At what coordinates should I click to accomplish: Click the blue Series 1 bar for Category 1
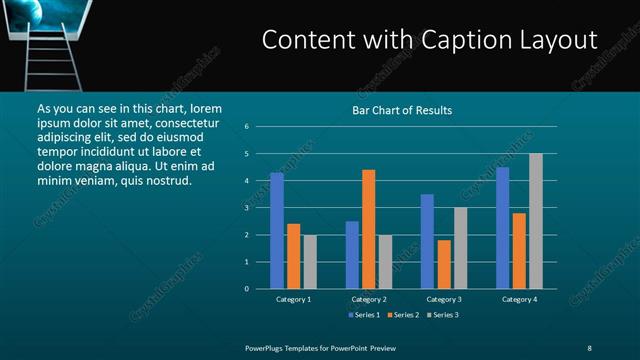tap(277, 231)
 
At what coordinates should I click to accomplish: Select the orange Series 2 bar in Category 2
tap(368, 229)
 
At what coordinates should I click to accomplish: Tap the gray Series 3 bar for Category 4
tap(535, 221)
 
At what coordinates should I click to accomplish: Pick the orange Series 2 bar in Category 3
tap(444, 264)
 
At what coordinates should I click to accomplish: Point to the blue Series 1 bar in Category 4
tap(502, 228)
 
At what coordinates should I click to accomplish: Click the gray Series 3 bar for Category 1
tap(310, 262)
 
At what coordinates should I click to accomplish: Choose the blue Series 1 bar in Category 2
tap(352, 255)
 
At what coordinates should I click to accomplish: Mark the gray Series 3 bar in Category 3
tap(460, 248)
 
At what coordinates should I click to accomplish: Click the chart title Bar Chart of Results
tap(402, 110)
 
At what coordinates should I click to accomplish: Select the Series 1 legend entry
tap(363, 315)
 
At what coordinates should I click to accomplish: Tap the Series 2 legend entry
tap(404, 315)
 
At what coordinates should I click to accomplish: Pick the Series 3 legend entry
tap(444, 315)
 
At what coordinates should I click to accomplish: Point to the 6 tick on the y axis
tap(246, 127)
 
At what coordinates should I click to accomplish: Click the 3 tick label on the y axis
tap(246, 208)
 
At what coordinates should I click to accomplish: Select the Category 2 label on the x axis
tap(368, 299)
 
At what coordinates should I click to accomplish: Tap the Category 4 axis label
tap(518, 299)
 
